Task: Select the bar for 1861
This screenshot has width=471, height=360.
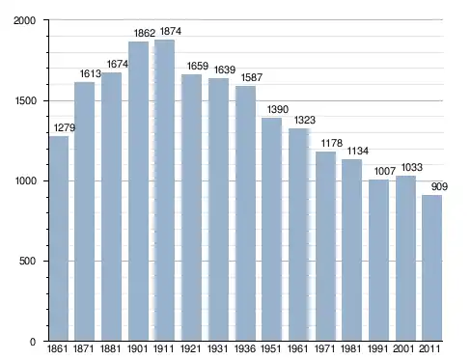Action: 59,238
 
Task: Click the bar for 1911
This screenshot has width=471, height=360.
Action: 165,190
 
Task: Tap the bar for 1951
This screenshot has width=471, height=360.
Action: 271,229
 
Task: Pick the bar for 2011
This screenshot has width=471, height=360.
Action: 431,267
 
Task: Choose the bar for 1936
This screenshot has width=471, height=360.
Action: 245,213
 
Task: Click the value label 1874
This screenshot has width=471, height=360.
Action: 171,31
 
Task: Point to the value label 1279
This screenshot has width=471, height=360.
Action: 65,127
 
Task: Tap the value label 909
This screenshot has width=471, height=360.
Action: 439,186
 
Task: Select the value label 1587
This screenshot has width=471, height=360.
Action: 252,77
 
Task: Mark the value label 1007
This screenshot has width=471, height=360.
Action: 385,171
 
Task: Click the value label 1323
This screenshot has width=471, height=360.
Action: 305,120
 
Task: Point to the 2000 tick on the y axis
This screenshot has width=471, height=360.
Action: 24,20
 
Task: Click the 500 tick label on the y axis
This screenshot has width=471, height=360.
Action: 27,261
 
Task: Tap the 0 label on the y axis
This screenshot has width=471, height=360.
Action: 33,342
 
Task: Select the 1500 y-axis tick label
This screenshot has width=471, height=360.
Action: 25,100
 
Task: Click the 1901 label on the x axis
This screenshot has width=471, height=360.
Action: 137,348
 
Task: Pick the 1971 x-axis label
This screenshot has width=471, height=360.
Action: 324,348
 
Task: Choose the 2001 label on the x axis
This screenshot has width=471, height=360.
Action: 403,348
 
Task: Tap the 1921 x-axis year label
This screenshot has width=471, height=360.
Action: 190,348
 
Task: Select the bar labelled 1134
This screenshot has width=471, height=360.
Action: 351,250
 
